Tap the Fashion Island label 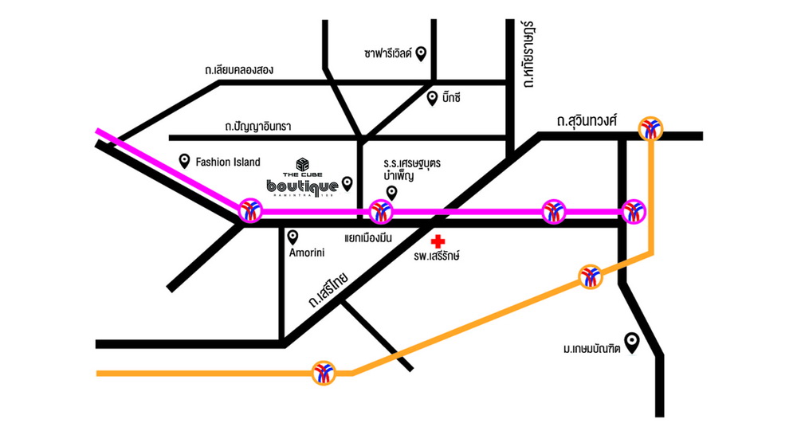[228, 162]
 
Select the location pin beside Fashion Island [185, 160]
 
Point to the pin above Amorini [292, 237]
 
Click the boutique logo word [303, 186]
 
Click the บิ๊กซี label [450, 98]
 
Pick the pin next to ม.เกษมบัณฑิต [632, 342]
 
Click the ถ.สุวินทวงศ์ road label [587, 120]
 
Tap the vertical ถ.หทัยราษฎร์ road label [528, 55]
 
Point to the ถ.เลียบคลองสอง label [238, 70]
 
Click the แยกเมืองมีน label [371, 237]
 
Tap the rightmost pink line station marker [634, 211]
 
